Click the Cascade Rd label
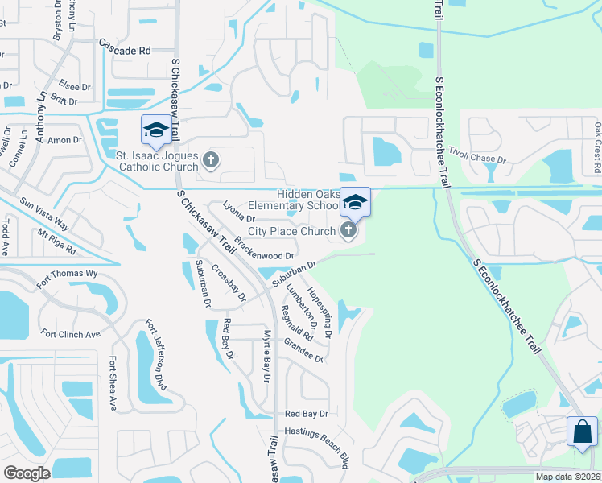point(125,49)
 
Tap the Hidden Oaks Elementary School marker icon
point(355,203)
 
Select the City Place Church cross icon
point(348,232)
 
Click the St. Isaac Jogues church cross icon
point(211,160)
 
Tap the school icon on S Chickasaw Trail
point(155,130)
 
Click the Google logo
point(27,473)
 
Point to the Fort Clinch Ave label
point(71,334)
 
